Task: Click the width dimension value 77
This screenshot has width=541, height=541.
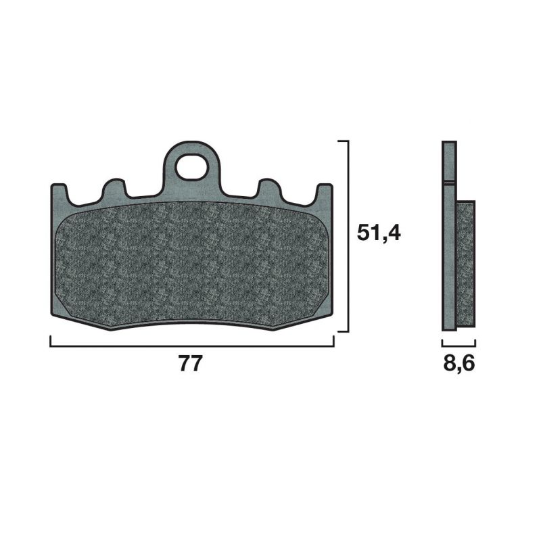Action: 191,364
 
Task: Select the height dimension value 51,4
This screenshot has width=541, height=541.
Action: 379,234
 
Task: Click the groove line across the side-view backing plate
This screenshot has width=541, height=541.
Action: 450,183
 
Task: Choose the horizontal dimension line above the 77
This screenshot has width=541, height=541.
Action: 192,345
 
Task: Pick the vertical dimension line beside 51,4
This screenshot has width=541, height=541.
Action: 348,236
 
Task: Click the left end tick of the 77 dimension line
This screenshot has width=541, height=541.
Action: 51,341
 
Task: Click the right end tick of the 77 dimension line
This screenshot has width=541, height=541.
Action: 333,341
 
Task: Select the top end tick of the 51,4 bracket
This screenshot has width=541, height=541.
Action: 342,141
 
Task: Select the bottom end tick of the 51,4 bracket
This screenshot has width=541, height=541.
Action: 342,331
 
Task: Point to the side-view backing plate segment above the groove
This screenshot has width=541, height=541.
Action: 450,162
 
